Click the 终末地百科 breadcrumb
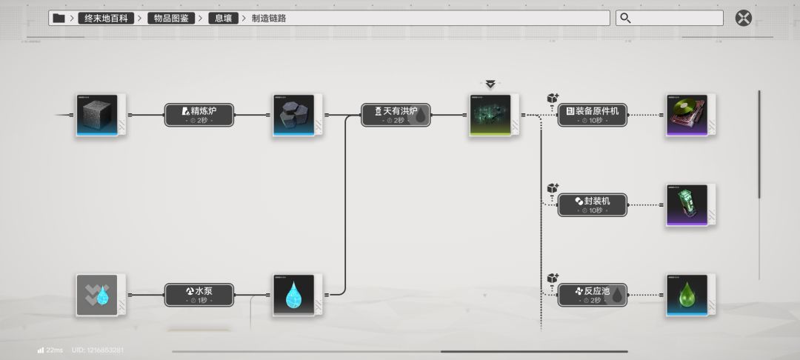(x=106, y=18)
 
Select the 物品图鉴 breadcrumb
(x=172, y=18)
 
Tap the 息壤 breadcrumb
(x=223, y=18)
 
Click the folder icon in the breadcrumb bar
(x=59, y=18)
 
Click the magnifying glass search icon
(x=626, y=18)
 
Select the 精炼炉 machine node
(x=199, y=115)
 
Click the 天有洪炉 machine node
(x=396, y=115)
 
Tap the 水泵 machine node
(x=199, y=295)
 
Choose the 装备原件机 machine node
(x=592, y=115)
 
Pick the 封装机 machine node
(x=592, y=204)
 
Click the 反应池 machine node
(x=592, y=295)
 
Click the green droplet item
(x=687, y=295)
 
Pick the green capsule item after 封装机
(x=687, y=204)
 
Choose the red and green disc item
(x=687, y=115)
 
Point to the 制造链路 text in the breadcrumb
(x=269, y=18)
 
